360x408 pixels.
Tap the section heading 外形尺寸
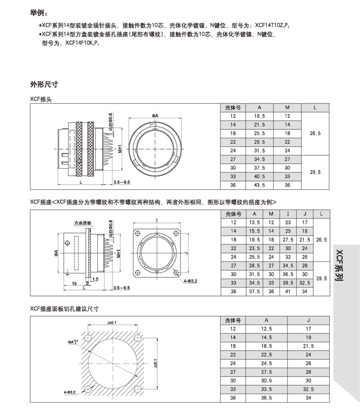click(x=44, y=84)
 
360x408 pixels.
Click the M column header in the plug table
click(x=288, y=107)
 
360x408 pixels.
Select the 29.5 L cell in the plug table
click(x=316, y=172)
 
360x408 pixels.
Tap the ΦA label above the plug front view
click(x=155, y=116)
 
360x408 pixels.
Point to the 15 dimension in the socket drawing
click(x=74, y=284)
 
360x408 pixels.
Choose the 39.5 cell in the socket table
click(x=288, y=283)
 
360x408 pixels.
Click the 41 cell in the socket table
click(x=288, y=291)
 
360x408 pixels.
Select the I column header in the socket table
click(x=288, y=214)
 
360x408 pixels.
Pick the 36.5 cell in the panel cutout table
click(x=267, y=398)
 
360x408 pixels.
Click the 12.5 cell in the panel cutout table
click(x=267, y=329)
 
